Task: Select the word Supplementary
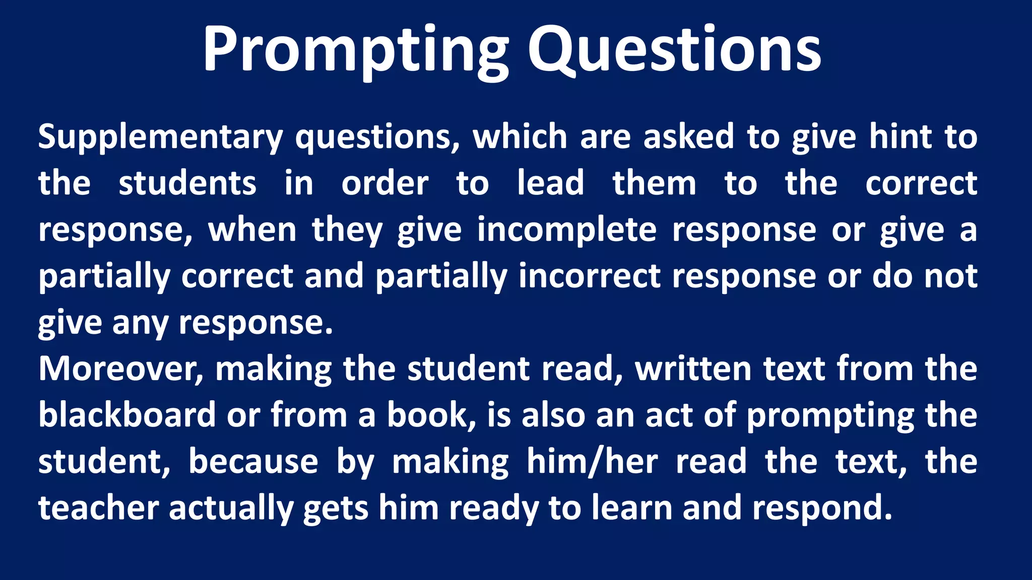pos(161,137)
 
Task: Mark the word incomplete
pos(567,230)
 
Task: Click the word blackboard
pos(127,415)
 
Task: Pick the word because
pos(253,462)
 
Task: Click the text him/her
pos(592,462)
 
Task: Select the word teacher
pos(99,508)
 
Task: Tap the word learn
pos(632,508)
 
